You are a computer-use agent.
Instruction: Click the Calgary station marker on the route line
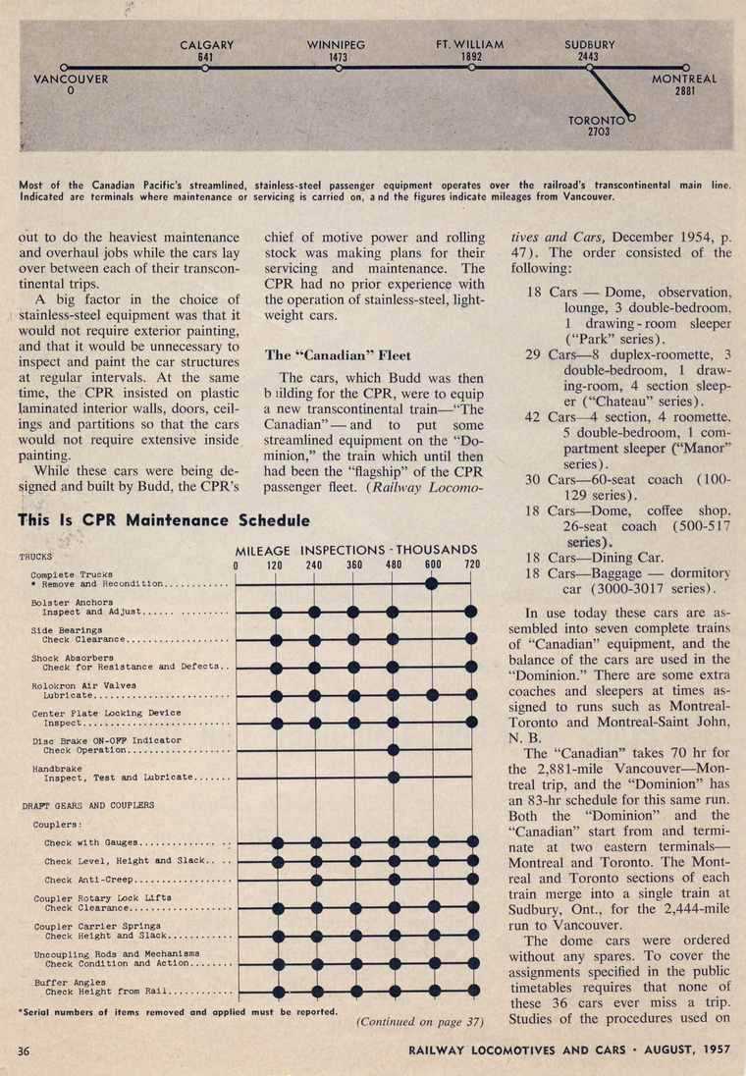click(205, 68)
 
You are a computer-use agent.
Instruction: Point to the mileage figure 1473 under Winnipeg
click(337, 57)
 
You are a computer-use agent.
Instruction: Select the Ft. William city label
click(470, 45)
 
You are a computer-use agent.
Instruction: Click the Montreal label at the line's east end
click(684, 79)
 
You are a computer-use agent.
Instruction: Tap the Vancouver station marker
click(63, 68)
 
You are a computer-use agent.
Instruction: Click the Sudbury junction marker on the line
click(589, 68)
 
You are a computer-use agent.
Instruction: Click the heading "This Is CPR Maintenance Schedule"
click(164, 519)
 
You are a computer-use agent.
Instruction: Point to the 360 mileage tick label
click(354, 564)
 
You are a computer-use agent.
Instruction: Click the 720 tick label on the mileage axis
click(472, 564)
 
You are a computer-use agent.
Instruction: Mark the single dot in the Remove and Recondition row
click(432, 583)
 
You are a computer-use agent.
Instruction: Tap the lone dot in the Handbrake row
click(393, 777)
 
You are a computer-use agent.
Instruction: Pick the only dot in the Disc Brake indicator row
click(393, 749)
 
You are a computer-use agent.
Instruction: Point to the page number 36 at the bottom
click(27, 1050)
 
